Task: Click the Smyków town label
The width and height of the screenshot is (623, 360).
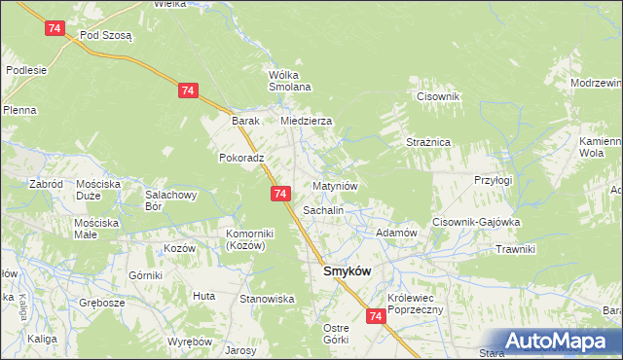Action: click(346, 273)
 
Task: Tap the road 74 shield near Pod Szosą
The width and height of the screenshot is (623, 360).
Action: click(55, 30)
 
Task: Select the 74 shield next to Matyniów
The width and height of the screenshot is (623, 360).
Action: click(280, 195)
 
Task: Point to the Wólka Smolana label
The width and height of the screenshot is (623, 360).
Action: click(289, 81)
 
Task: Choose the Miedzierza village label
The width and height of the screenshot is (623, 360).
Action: click(307, 121)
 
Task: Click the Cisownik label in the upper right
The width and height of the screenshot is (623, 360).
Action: click(437, 96)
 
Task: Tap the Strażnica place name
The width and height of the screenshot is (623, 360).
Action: click(427, 142)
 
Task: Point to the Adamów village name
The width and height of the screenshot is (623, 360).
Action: click(396, 234)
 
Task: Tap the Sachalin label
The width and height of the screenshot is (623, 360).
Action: click(323, 210)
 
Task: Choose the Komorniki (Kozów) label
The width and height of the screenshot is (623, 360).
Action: click(252, 239)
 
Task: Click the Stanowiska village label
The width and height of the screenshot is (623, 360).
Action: click(267, 299)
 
